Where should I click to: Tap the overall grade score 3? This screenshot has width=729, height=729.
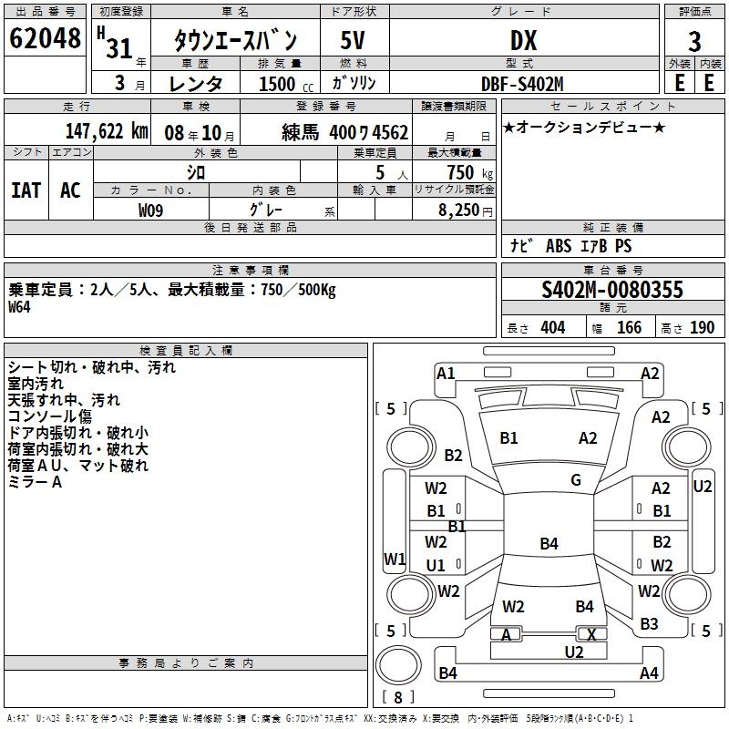tap(694, 42)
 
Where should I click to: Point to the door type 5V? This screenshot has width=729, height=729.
tap(354, 40)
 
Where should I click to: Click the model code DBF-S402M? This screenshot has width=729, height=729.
tap(522, 83)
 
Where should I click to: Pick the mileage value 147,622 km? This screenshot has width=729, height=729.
tap(107, 130)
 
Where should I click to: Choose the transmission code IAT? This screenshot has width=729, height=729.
tap(26, 190)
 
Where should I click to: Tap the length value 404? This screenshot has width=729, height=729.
tap(552, 328)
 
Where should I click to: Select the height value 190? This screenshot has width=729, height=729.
tap(702, 328)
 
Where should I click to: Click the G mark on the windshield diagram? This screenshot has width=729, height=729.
tap(576, 480)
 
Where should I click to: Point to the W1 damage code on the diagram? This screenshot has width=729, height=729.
tap(395, 558)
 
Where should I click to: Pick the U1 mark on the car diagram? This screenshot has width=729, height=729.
tap(436, 565)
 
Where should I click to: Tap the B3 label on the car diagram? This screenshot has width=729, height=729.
tap(649, 623)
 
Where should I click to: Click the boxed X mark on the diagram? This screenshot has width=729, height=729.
tap(592, 634)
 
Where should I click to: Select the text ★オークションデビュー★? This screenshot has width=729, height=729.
tap(584, 127)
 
